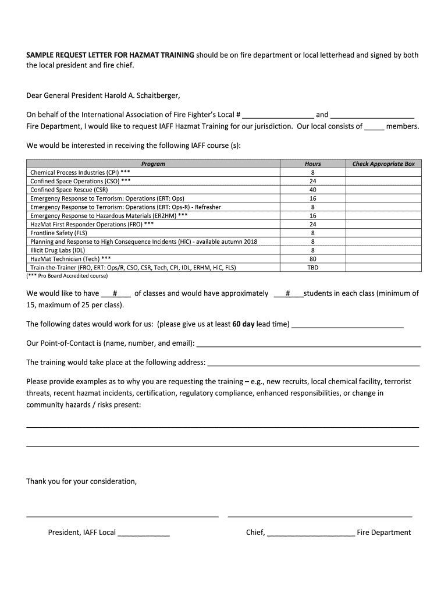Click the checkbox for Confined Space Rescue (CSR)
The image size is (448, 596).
point(383,190)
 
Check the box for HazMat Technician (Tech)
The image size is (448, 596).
point(383,258)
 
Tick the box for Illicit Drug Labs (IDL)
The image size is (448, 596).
point(383,250)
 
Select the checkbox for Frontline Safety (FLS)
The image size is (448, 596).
point(383,233)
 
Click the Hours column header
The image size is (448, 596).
point(312,164)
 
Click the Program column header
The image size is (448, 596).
point(154,164)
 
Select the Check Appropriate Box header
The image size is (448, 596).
point(383,164)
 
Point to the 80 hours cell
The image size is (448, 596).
point(312,258)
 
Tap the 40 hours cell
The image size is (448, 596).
point(312,190)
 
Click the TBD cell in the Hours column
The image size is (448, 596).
point(312,267)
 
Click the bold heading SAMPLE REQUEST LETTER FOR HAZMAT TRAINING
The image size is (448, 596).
point(111,55)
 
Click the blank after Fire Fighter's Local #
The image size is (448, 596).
point(278,115)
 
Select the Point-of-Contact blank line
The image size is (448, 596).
point(308,343)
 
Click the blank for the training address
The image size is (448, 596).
point(314,363)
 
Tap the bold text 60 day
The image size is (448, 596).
point(243,324)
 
